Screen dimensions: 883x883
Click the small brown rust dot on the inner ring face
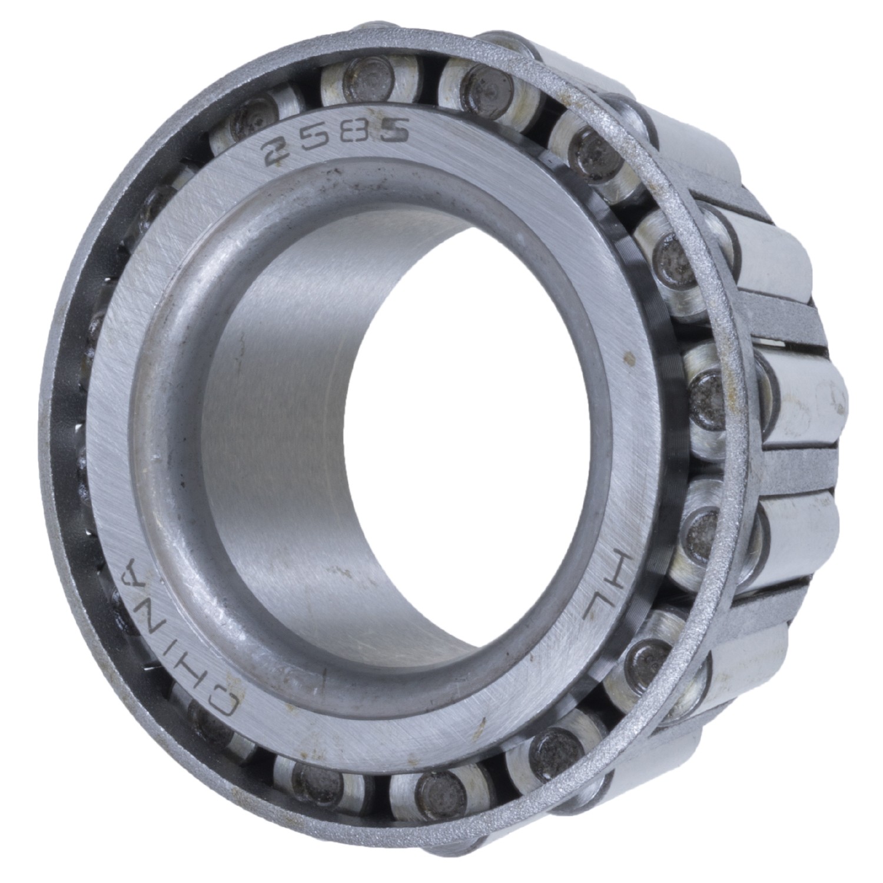click(630, 357)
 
